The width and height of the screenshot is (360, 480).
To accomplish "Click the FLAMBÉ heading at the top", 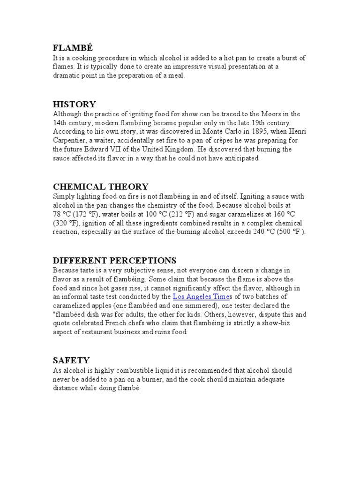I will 73,48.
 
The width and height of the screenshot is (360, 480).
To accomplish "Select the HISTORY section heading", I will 75,105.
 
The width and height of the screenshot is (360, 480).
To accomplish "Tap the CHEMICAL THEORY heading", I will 101,187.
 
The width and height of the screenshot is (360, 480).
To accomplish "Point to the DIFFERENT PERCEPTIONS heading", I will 114,261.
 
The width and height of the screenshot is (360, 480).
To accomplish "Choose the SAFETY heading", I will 71,360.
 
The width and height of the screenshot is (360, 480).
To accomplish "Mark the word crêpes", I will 213,141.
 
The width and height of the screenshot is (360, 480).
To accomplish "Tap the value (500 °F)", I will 291,232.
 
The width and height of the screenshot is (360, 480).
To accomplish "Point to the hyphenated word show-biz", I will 292,323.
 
